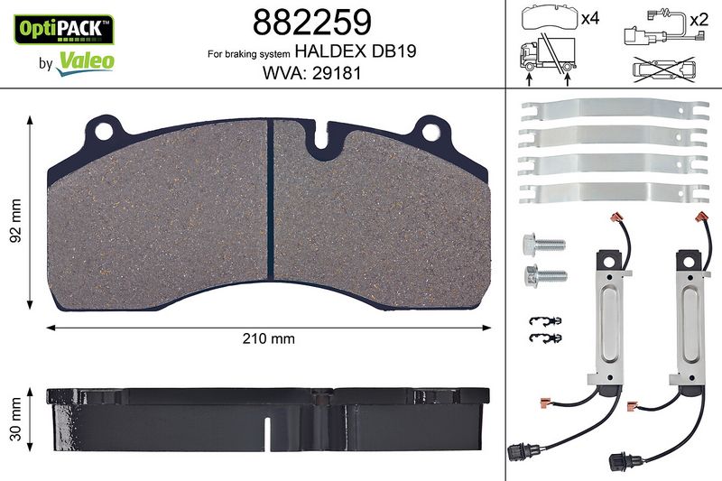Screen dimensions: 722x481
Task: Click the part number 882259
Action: tap(311, 22)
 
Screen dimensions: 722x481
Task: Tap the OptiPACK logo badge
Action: tap(64, 29)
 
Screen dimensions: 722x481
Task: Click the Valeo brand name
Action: tap(85, 61)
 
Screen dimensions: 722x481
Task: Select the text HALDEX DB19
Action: tap(355, 51)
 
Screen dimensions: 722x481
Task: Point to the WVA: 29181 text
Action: tap(311, 73)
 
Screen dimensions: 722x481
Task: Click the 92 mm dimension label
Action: tap(16, 221)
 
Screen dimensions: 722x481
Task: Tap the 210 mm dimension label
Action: tap(268, 338)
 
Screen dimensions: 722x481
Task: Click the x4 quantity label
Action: tap(590, 19)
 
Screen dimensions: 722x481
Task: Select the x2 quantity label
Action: tap(699, 19)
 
